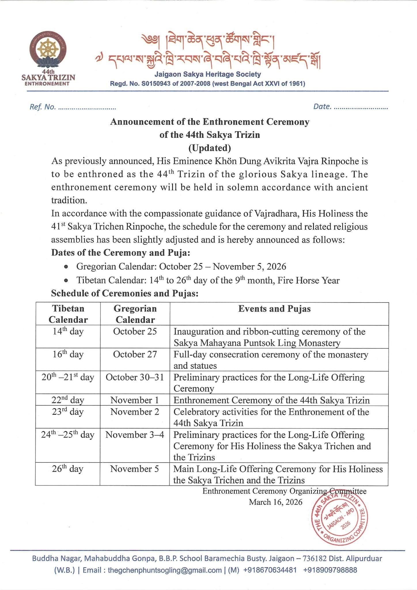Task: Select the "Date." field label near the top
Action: [x=322, y=107]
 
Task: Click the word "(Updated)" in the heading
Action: [x=209, y=148]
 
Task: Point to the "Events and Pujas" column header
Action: [x=274, y=309]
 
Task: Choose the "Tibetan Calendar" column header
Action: [x=68, y=314]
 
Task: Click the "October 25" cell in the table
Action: [x=135, y=331]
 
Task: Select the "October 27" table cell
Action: [x=135, y=354]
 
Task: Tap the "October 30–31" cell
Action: [x=135, y=377]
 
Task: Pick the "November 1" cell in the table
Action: [x=135, y=400]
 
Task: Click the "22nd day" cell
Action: [x=68, y=400]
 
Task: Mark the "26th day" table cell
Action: [x=68, y=469]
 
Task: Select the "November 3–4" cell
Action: [x=135, y=434]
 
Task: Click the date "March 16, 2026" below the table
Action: [x=276, y=502]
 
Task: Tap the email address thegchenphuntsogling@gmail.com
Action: [x=164, y=570]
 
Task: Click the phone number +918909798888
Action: [x=330, y=570]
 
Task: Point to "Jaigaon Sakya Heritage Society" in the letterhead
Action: [x=208, y=74]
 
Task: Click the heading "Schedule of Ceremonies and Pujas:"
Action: [x=125, y=293]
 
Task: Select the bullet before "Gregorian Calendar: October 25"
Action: [x=67, y=267]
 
